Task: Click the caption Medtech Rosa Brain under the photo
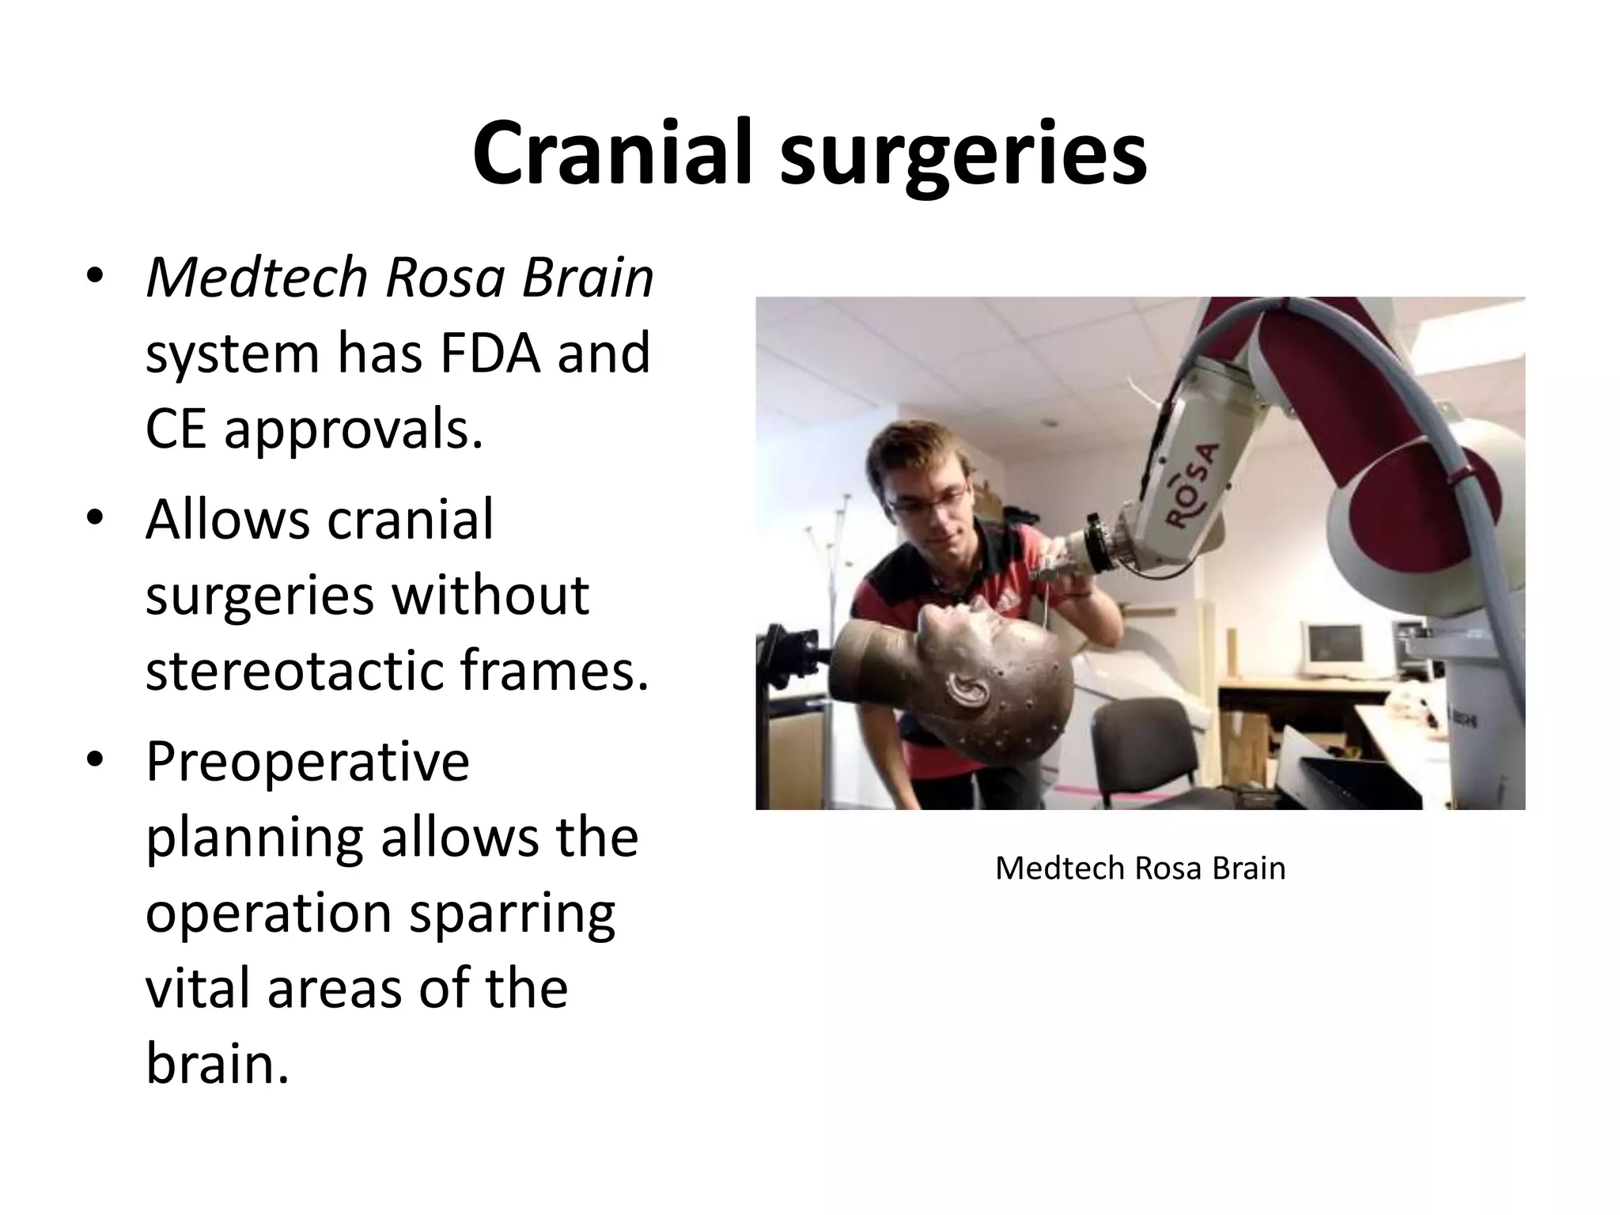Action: click(x=1140, y=869)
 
